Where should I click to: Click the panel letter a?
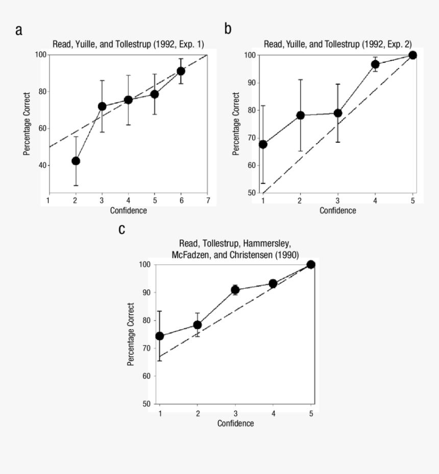pos(19,31)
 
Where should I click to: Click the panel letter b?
pos(228,29)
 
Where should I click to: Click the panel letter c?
pos(122,229)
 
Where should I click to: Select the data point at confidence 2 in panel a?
pos(76,161)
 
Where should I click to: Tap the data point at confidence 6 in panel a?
pos(181,71)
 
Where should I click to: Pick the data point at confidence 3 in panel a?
pos(102,106)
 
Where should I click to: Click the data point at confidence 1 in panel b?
pos(263,144)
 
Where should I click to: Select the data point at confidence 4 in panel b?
pos(375,64)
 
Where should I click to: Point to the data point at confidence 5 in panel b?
pos(412,55)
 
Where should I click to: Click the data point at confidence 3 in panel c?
pos(235,290)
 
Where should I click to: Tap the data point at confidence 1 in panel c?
pos(160,336)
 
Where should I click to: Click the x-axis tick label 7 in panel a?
pos(207,201)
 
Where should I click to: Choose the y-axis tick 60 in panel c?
pos(147,376)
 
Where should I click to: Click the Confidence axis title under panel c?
pos(235,423)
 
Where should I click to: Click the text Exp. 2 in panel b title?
pos(397,44)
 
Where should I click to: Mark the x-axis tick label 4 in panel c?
pos(273,413)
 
